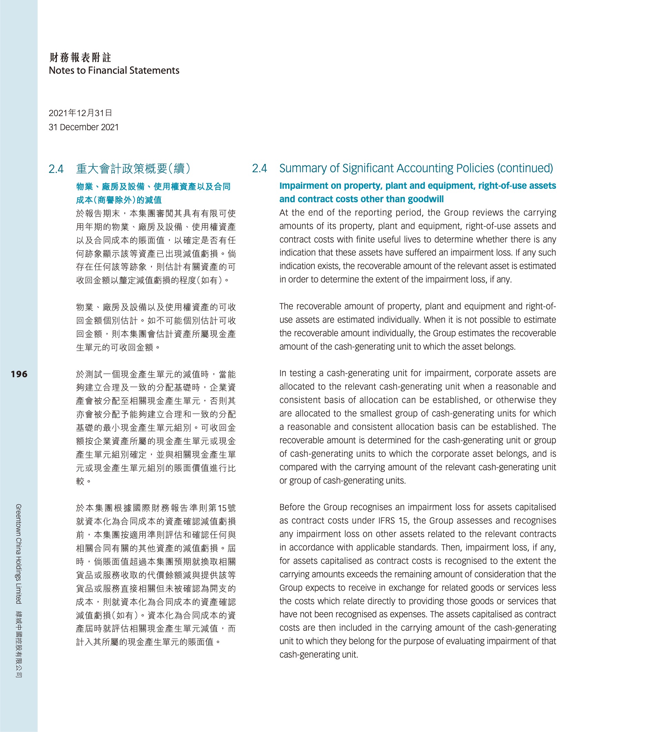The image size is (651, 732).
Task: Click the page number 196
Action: click(x=19, y=374)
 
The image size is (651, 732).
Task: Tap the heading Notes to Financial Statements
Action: click(x=114, y=71)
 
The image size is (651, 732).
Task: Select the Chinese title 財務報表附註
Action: click(x=80, y=57)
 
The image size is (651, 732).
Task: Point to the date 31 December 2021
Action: click(x=83, y=127)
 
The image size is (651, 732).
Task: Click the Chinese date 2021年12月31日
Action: click(x=80, y=113)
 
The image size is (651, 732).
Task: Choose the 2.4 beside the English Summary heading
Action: click(x=260, y=168)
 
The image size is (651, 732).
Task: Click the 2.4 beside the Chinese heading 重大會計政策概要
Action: click(x=56, y=169)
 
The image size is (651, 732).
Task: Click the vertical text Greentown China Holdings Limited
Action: click(x=19, y=554)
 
